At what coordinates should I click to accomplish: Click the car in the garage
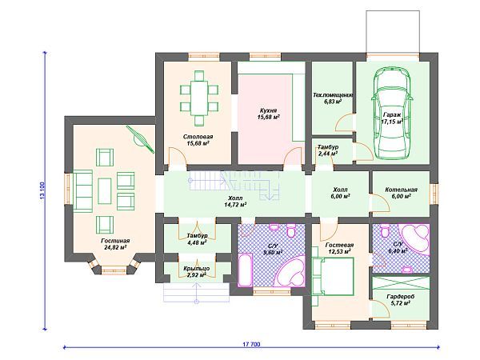(x=392, y=113)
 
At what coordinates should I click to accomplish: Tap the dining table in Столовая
(x=199, y=98)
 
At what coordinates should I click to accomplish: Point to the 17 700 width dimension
(x=252, y=344)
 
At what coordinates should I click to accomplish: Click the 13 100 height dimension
(x=42, y=190)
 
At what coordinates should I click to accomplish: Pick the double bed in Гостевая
(x=333, y=277)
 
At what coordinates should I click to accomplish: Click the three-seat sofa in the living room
(x=82, y=191)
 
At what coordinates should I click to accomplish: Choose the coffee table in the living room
(x=105, y=191)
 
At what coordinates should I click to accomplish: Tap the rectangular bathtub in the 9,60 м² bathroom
(x=246, y=270)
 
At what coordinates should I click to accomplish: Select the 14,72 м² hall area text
(x=235, y=205)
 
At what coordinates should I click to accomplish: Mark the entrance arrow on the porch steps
(x=196, y=293)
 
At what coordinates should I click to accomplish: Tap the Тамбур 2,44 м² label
(x=328, y=150)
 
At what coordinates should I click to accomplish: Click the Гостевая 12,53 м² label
(x=339, y=248)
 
